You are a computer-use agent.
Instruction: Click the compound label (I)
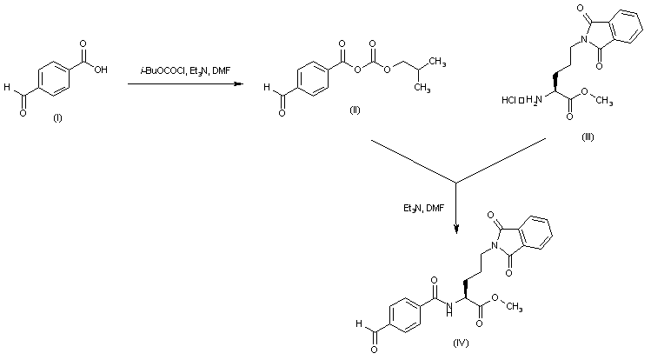coord(58,117)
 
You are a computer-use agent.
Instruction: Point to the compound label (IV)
coord(462,343)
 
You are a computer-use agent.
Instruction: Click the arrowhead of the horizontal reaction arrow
coord(241,84)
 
